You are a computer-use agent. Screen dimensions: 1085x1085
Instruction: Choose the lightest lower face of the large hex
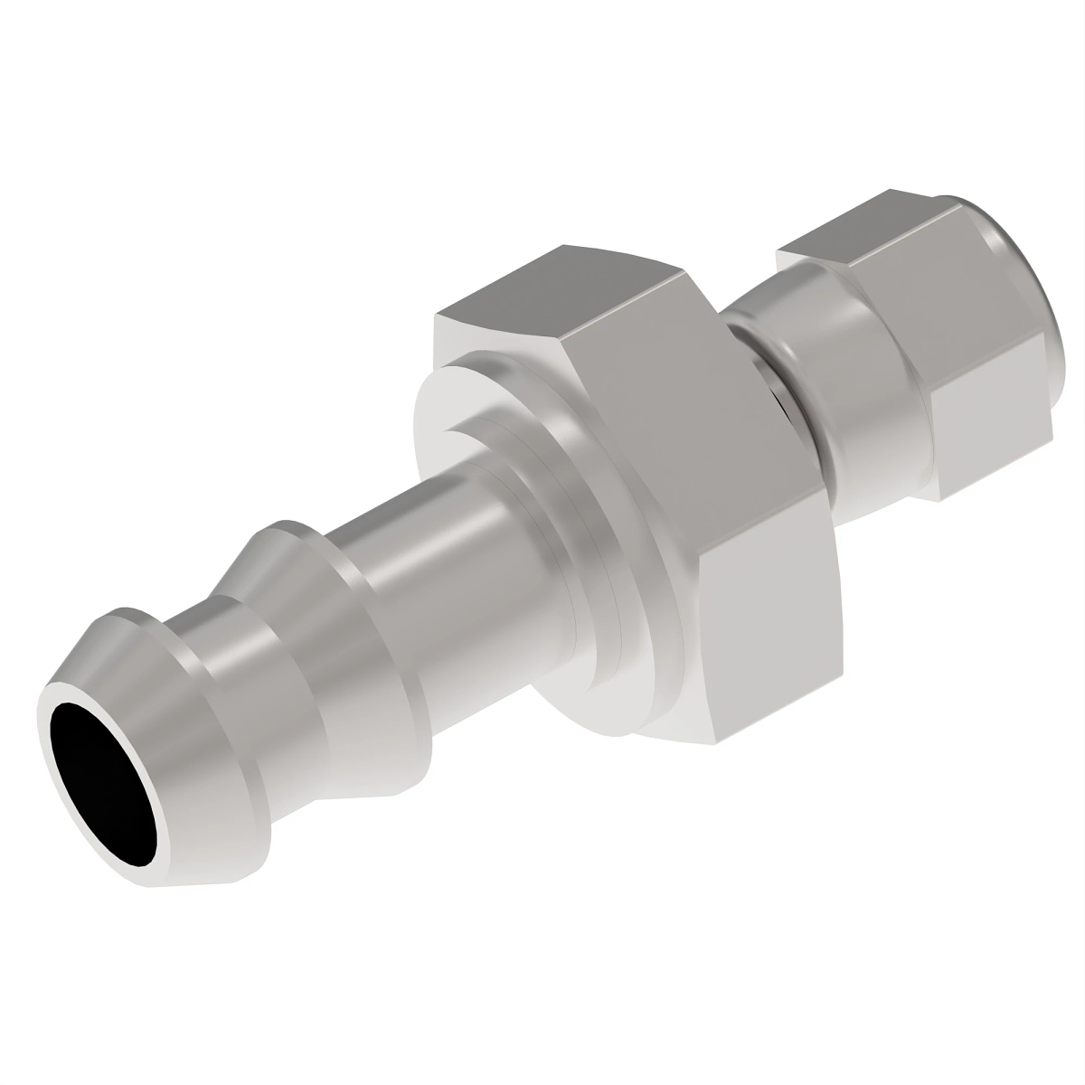click(x=778, y=633)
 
